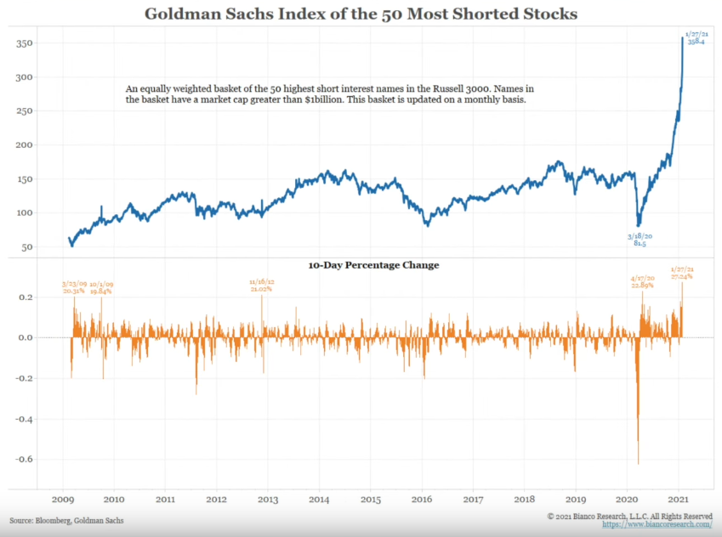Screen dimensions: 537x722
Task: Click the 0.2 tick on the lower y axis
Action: [26, 297]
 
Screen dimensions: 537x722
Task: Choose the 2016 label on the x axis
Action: [423, 500]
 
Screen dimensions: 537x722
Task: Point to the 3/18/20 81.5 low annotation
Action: [640, 240]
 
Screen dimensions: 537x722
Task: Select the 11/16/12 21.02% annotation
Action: [262, 285]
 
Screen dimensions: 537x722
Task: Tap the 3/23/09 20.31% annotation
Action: [76, 286]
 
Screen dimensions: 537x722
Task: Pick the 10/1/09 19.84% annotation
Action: [100, 286]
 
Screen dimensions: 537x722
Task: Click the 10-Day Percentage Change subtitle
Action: [373, 265]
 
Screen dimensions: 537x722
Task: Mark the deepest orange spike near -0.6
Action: [638, 459]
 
